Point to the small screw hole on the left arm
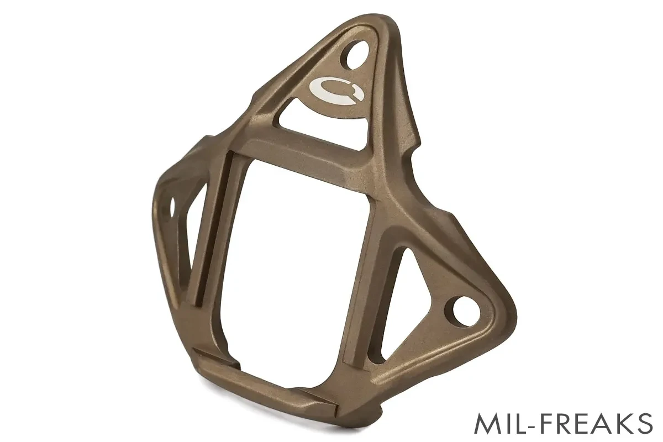(172, 206)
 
